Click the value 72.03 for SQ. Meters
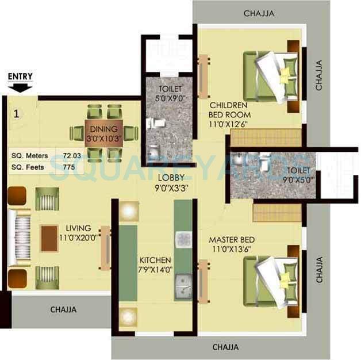[x=74, y=156]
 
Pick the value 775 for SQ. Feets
[x=70, y=167]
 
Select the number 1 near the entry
[x=16, y=113]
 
